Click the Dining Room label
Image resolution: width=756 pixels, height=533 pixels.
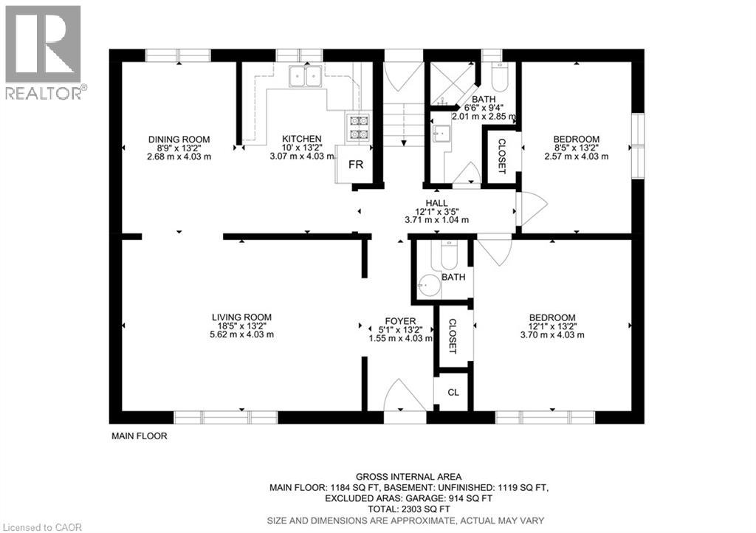point(179,140)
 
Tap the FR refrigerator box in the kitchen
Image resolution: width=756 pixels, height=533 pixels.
point(355,165)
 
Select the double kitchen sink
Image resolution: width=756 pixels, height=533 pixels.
point(305,75)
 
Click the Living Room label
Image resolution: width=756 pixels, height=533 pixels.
point(241,317)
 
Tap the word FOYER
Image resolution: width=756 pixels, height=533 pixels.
point(400,321)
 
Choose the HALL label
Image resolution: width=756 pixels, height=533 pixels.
point(436,203)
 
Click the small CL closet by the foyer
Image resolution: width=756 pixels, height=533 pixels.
point(453,392)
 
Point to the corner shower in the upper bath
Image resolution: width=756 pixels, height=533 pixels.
point(452,84)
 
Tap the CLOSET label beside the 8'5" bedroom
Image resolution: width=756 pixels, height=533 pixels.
point(501,157)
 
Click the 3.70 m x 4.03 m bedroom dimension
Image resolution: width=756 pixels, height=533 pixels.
point(552,335)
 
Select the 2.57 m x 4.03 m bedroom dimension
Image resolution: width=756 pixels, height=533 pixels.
point(576,157)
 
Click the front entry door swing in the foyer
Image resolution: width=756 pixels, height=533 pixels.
point(404,395)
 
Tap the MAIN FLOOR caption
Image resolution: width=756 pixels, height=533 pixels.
point(140,436)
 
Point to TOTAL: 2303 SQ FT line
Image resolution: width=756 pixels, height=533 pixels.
point(409,509)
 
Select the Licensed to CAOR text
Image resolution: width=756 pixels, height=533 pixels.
point(42,527)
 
